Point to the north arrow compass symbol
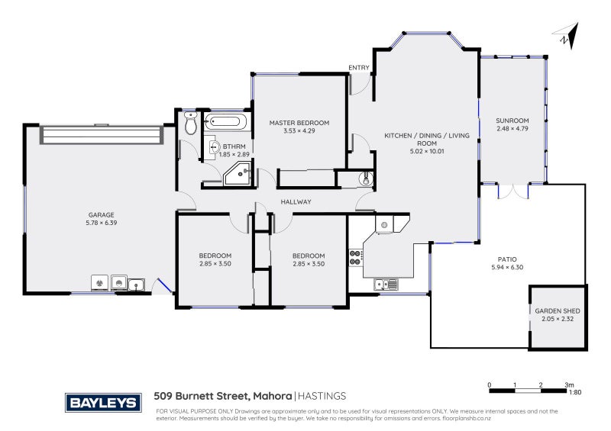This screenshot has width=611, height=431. [x=563, y=36]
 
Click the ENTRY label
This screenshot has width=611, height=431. [x=358, y=68]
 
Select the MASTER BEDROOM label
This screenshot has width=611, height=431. [x=299, y=123]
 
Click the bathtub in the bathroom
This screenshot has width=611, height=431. [x=225, y=121]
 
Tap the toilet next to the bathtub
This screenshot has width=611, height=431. [x=191, y=121]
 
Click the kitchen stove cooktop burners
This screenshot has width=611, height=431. [x=354, y=257]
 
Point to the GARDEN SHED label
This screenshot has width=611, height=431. [x=558, y=311]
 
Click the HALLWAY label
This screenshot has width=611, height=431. [x=295, y=201]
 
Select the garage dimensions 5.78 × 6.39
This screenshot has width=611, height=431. [x=101, y=223]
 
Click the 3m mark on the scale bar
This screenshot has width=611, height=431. [x=567, y=384]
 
